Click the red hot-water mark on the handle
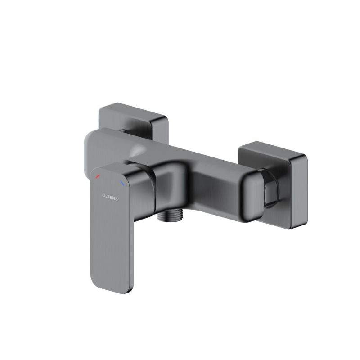(x=98, y=176)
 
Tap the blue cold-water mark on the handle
(x=122, y=183)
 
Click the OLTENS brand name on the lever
(x=110, y=197)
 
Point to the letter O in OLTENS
(x=103, y=196)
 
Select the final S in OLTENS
(x=117, y=199)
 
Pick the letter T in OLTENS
(x=108, y=197)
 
